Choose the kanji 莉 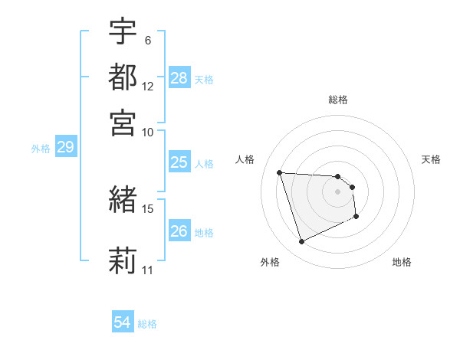click(x=123, y=259)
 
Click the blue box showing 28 click(x=179, y=78)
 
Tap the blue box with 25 click(x=179, y=162)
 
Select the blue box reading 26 click(x=179, y=231)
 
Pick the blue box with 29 click(x=65, y=147)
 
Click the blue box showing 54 click(x=123, y=322)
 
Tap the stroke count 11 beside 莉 click(x=148, y=270)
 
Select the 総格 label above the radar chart click(x=338, y=100)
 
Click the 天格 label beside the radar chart click(x=432, y=159)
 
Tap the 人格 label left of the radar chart click(x=245, y=159)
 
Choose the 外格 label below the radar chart click(x=270, y=263)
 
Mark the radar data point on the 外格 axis click(x=301, y=242)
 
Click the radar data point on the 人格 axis click(x=280, y=172)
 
